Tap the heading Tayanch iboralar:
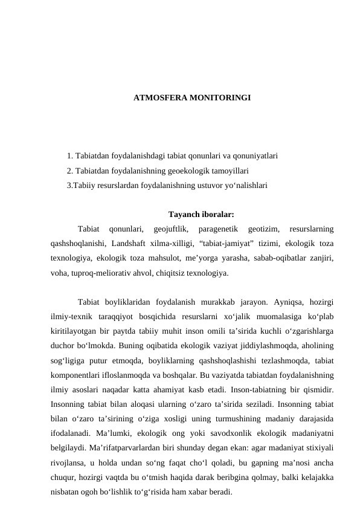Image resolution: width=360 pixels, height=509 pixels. [201, 213]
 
